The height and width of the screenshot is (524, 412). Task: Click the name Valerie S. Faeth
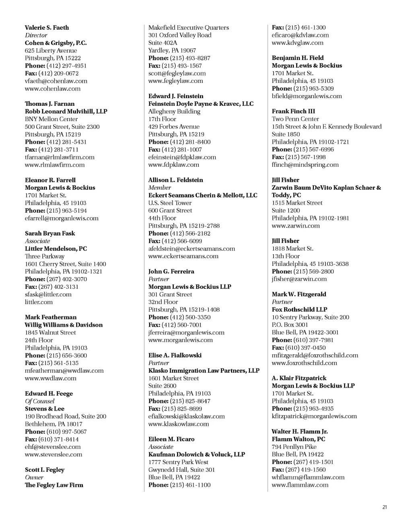47,28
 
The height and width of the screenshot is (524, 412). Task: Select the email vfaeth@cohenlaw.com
56,81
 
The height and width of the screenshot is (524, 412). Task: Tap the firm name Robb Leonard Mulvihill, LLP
66,111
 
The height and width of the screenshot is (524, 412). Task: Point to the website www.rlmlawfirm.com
55,164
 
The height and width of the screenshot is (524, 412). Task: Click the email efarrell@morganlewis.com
62,218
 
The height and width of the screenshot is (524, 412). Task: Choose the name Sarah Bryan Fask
50,233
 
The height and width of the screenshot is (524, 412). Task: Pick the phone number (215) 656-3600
66,355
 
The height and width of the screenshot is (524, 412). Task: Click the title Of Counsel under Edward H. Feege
39,401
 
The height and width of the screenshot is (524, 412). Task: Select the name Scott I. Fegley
45,470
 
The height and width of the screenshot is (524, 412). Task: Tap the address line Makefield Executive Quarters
188,28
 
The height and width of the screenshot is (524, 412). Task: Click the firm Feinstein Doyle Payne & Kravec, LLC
201,104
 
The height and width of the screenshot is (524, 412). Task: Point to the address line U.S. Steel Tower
170,203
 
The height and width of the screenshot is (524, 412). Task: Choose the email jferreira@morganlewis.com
186,333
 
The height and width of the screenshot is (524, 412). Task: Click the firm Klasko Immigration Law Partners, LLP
204,370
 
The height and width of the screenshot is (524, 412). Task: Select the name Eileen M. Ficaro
171,439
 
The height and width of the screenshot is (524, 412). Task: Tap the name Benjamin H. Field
297,58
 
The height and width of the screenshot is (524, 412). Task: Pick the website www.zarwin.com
296,226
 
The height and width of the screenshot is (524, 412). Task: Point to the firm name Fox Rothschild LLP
299,310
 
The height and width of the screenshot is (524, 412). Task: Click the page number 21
384,507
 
